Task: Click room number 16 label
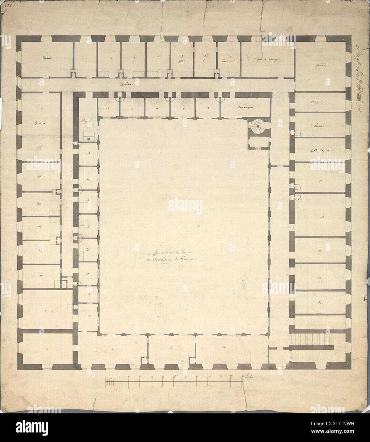[87, 227]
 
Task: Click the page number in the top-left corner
[5, 5]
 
